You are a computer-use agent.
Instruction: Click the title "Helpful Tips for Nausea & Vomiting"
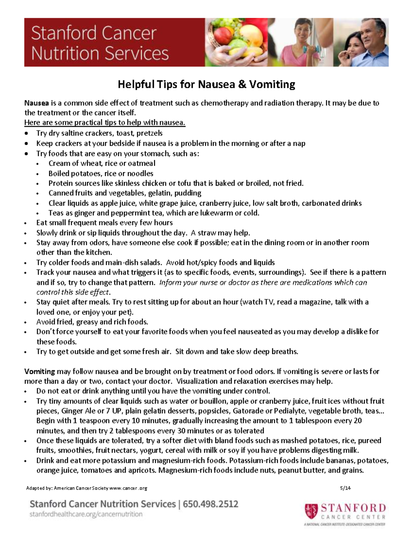206,84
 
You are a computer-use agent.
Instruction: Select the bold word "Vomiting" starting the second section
40,371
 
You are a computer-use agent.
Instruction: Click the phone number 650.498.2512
210,504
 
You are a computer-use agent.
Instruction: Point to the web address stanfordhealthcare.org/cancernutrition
86,514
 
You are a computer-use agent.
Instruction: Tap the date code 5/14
345,488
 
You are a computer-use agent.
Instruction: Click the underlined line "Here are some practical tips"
105,123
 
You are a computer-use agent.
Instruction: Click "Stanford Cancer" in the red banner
94,34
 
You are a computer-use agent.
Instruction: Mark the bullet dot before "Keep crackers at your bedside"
27,144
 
